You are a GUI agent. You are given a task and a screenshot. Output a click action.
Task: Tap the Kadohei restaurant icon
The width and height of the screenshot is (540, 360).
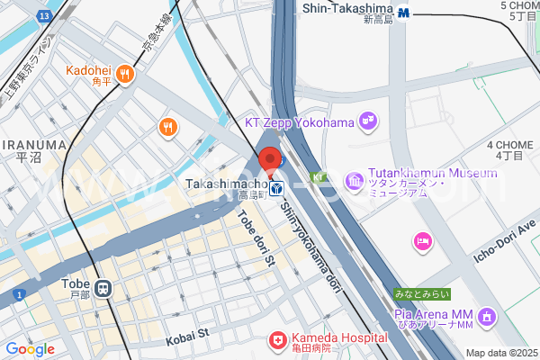pyautogui.click(x=127, y=74)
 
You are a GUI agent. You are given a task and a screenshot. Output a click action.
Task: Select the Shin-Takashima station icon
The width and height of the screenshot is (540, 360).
pyautogui.click(x=405, y=13)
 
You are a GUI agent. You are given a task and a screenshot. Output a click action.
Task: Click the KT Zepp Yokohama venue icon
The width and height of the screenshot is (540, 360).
pyautogui.click(x=366, y=119)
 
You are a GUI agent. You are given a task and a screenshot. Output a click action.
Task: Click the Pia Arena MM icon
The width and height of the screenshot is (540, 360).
pyautogui.click(x=487, y=316)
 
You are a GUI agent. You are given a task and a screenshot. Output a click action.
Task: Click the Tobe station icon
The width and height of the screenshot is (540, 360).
pyautogui.click(x=104, y=288)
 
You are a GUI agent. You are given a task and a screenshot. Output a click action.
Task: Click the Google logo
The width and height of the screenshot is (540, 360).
pyautogui.click(x=30, y=349)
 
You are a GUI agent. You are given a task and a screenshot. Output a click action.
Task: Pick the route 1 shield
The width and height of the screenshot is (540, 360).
pyautogui.click(x=18, y=294)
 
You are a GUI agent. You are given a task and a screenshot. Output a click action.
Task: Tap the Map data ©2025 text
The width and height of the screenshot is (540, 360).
pyautogui.click(x=501, y=353)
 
